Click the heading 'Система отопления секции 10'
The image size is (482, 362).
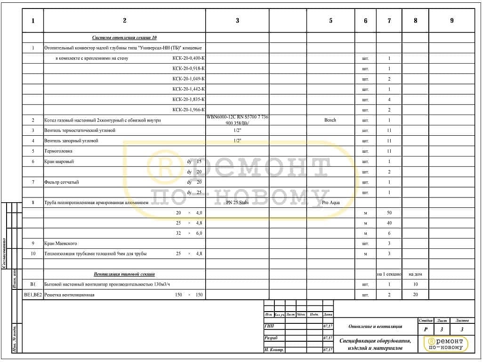click(x=124, y=37)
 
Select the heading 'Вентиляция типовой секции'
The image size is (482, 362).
click(x=124, y=274)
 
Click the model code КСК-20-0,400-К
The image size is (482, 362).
click(x=188, y=58)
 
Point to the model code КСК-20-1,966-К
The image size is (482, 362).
click(x=188, y=110)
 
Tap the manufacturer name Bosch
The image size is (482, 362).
click(x=330, y=120)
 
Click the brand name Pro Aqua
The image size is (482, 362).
click(x=331, y=203)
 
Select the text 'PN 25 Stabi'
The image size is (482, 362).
click(x=237, y=203)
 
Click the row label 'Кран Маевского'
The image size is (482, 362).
click(x=61, y=244)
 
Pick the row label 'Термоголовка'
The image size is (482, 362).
click(x=59, y=151)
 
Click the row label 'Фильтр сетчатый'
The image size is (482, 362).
click(x=62, y=182)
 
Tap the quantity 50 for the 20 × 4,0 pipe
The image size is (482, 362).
click(x=389, y=213)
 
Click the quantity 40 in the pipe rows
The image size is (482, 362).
click(x=389, y=223)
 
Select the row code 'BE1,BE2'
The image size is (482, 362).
click(x=33, y=295)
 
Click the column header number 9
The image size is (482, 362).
click(x=452, y=21)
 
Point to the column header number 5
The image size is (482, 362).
click(x=330, y=21)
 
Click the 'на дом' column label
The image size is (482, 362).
click(x=415, y=274)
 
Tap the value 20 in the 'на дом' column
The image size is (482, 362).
click(x=415, y=295)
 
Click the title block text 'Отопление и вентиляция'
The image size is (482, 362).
click(x=375, y=326)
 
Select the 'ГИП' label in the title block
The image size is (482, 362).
click(x=269, y=326)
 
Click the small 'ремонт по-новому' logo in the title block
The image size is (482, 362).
click(x=446, y=344)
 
